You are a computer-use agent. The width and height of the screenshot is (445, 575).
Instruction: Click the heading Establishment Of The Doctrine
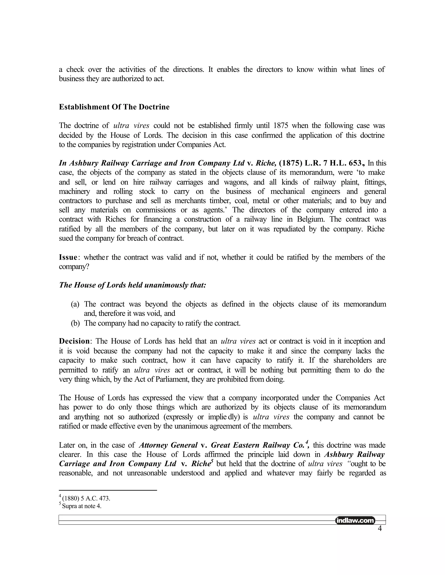point(114,107)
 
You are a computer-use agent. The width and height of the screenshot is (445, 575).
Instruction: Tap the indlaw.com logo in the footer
point(355,521)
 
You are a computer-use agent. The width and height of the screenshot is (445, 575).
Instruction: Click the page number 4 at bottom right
point(380,528)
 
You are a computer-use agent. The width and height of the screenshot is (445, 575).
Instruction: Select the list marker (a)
point(75,304)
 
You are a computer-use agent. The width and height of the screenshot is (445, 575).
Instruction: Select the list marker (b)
point(75,323)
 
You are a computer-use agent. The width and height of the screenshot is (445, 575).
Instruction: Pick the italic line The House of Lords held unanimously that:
point(132,285)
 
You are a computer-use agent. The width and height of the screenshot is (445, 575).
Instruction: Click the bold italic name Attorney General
point(168,445)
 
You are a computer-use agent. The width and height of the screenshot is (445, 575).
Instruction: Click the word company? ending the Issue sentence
point(74,267)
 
